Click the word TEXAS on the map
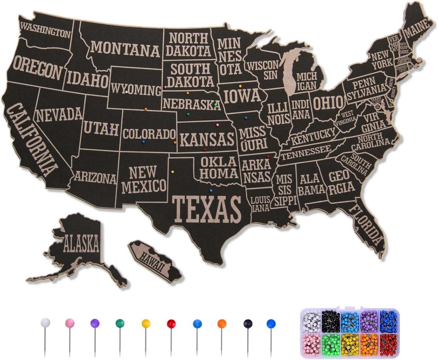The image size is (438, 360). [x=207, y=209]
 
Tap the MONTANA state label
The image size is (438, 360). [x=125, y=49]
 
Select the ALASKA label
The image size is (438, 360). [x=81, y=244]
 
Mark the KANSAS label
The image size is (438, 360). [x=207, y=139]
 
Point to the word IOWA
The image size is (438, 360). [x=242, y=96]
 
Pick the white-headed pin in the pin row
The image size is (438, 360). [x=45, y=323]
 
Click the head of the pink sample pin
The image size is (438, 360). [x=70, y=323]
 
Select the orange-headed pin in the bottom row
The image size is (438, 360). [x=221, y=324]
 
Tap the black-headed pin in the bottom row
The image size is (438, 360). [x=247, y=324]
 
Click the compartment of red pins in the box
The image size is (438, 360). [x=389, y=345]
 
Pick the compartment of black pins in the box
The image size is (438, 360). [x=330, y=321]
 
